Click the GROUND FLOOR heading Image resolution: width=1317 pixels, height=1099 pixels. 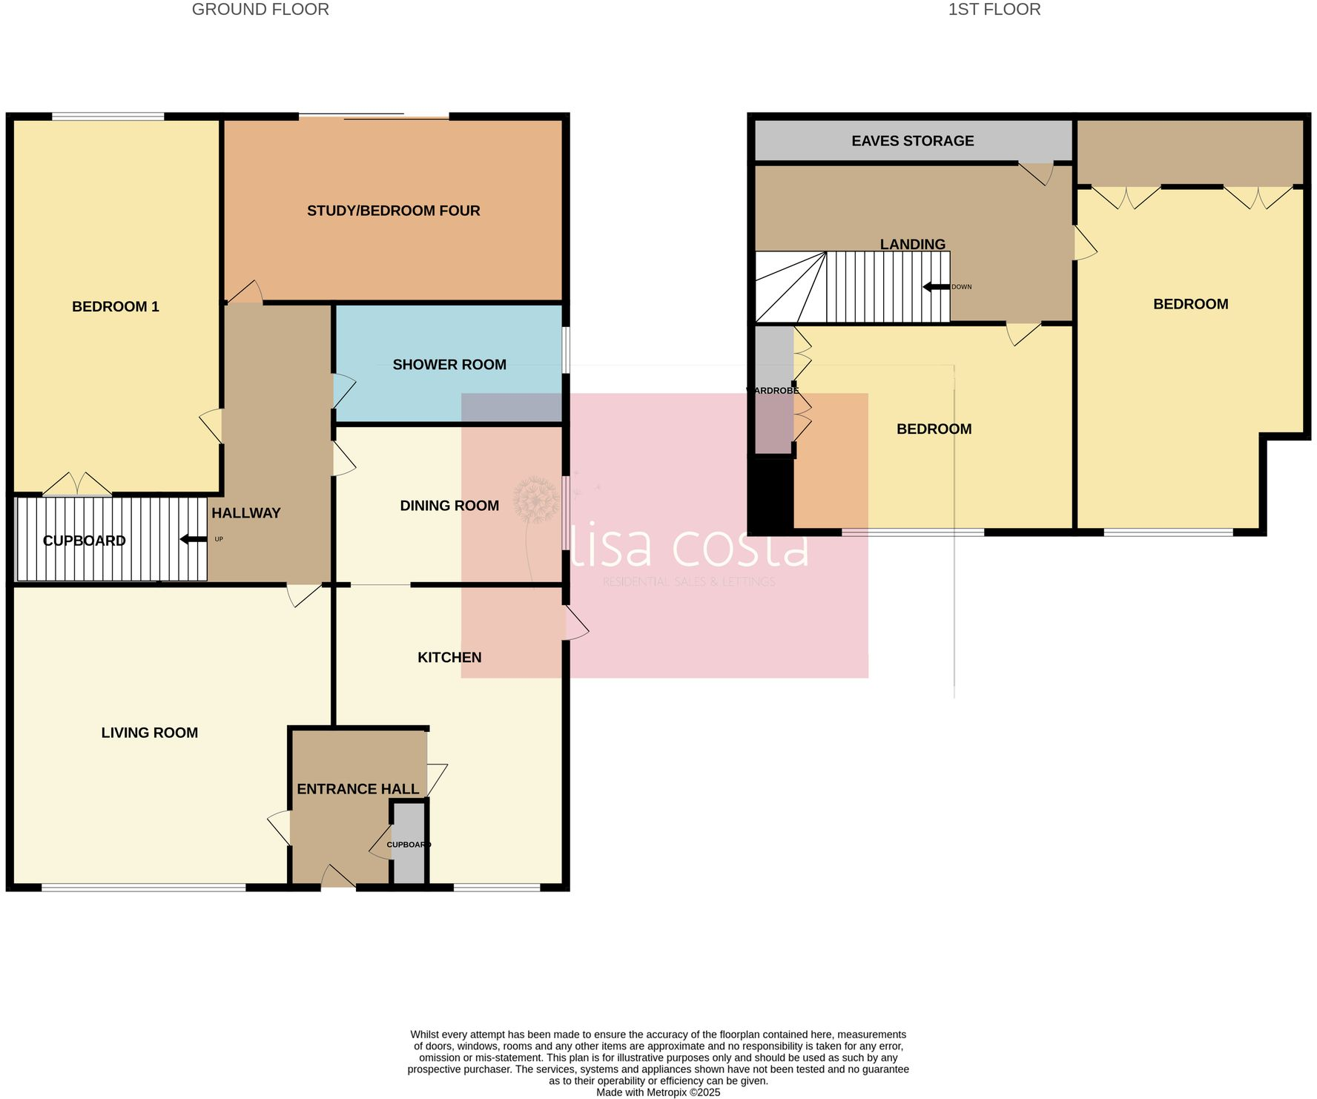tap(260, 10)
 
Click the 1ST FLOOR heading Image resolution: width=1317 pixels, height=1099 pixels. tap(994, 10)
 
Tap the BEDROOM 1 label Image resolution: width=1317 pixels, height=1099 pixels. tap(116, 306)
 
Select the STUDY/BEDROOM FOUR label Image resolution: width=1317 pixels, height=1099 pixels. tap(393, 211)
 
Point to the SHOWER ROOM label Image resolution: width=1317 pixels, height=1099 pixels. tap(449, 364)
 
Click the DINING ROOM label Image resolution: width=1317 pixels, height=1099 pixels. tap(449, 505)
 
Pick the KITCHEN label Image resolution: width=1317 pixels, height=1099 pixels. tap(449, 657)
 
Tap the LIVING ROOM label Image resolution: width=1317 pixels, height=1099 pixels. tap(149, 733)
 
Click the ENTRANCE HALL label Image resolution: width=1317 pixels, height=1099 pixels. tap(357, 789)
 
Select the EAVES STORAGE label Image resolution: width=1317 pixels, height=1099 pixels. tap(912, 141)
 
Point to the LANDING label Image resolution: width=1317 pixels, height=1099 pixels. tap(912, 244)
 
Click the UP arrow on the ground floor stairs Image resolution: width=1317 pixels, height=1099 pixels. tap(194, 539)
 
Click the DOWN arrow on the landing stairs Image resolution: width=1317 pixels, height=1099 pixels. tap(936, 287)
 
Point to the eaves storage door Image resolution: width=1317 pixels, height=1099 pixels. tap(1039, 173)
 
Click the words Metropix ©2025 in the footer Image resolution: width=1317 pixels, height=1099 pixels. tap(683, 1092)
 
